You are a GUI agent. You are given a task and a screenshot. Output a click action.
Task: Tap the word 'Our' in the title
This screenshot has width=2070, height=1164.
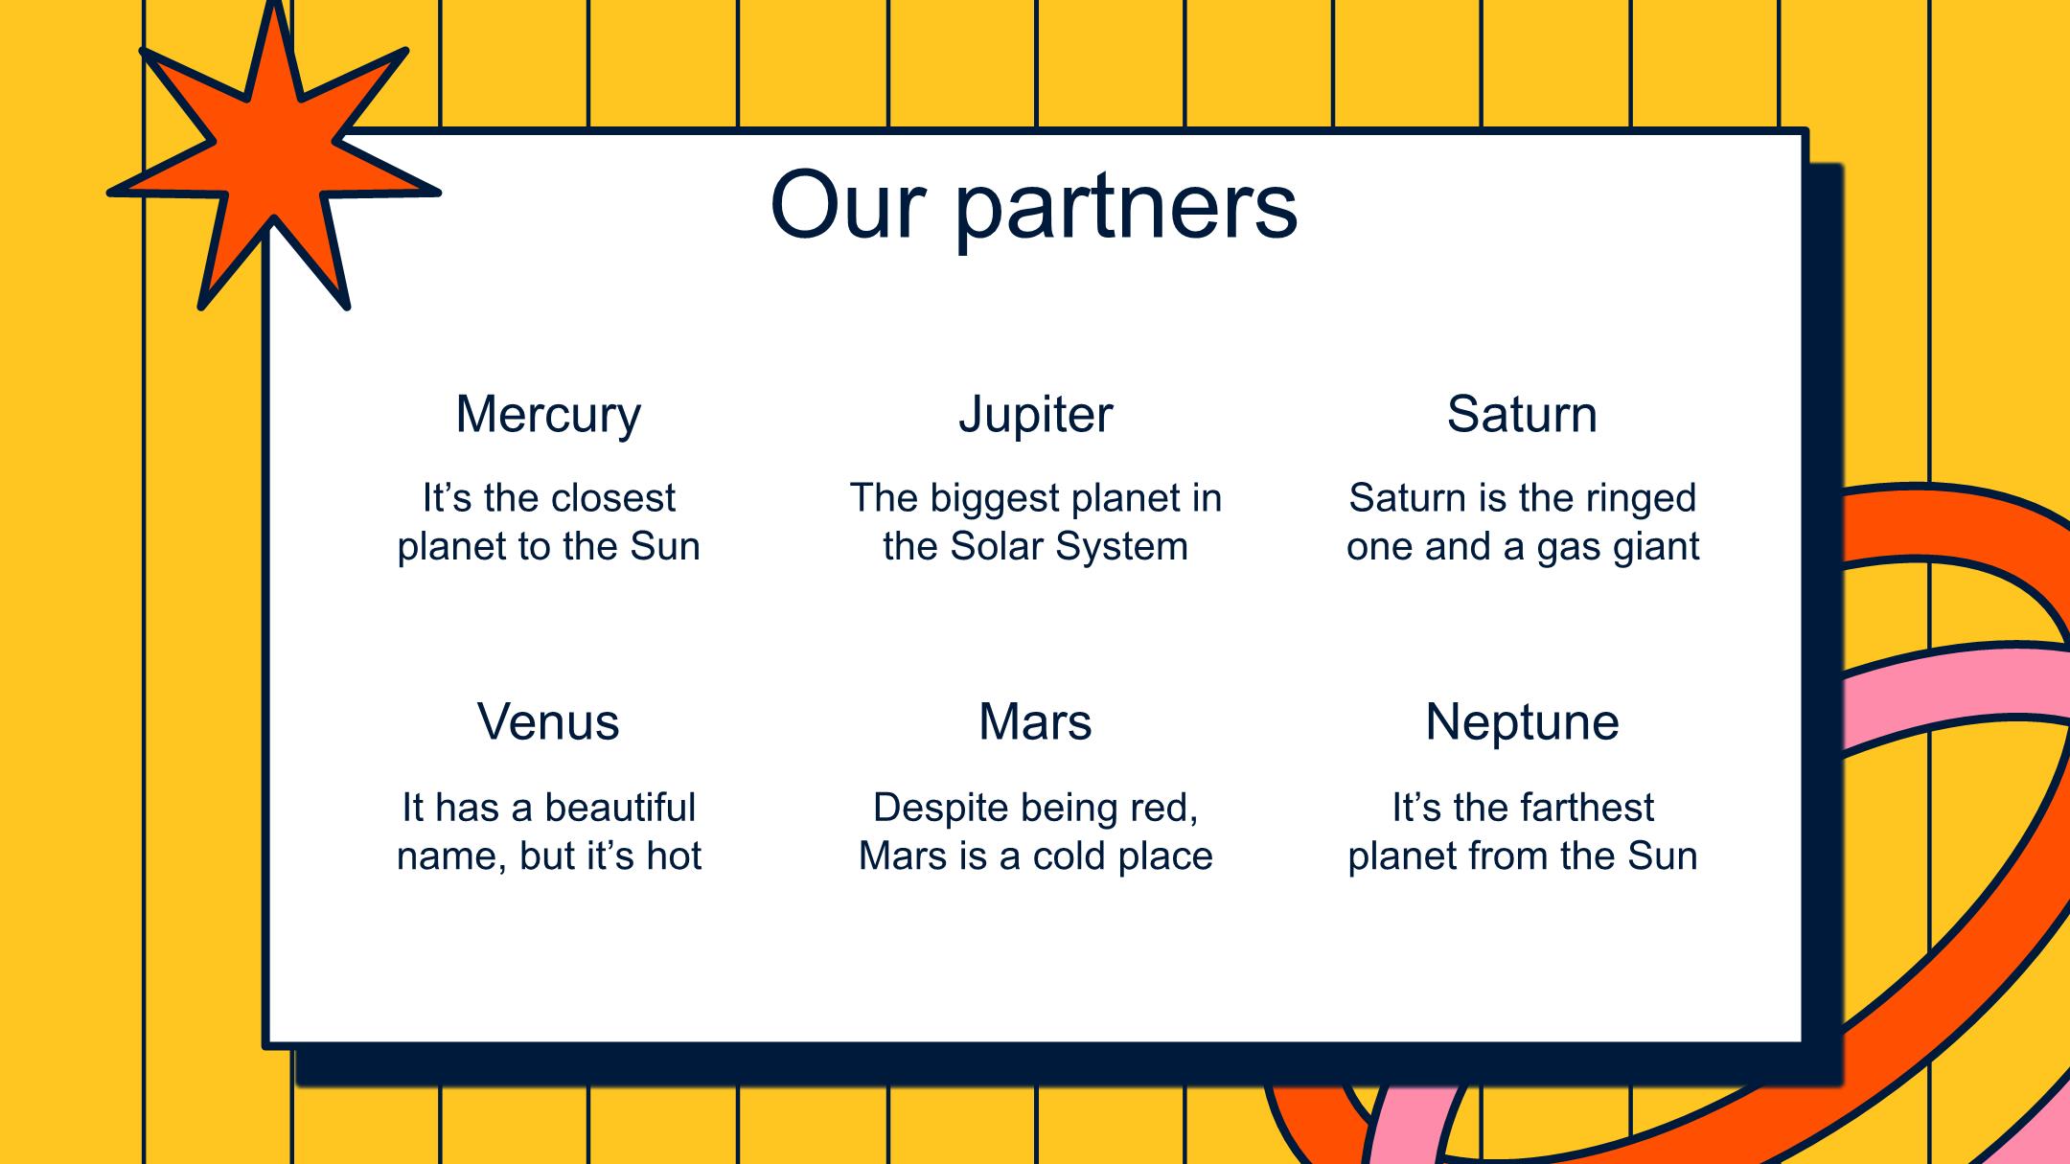(848, 204)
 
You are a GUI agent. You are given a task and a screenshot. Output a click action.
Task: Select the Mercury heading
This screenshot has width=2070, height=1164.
(548, 416)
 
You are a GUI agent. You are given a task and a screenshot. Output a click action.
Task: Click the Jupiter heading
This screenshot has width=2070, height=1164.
(1036, 416)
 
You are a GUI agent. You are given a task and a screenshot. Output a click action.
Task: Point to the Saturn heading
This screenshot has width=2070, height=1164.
(1522, 414)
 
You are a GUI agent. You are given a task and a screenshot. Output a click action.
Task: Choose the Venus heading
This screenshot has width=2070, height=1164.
(548, 721)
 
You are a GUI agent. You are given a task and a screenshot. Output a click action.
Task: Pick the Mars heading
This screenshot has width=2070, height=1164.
(1035, 721)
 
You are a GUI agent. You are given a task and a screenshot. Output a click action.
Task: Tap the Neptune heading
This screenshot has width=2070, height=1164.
(1522, 723)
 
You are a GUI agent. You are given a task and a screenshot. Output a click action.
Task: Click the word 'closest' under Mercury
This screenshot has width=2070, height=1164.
(613, 498)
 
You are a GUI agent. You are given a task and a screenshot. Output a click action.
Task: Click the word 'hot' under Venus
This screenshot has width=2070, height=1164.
(674, 856)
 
